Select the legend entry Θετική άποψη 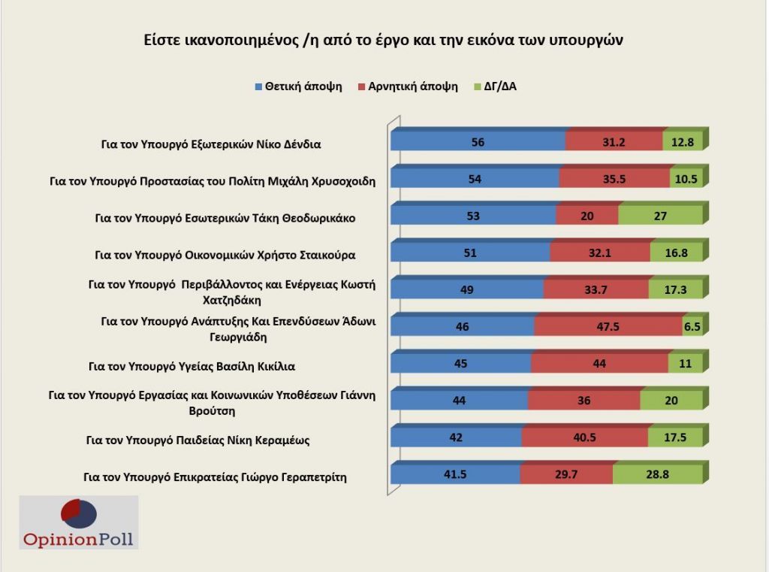(298, 86)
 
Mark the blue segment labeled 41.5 (455, 475)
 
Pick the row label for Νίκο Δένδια (211, 144)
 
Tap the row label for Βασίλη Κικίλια (191, 367)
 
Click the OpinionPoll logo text (80, 538)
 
